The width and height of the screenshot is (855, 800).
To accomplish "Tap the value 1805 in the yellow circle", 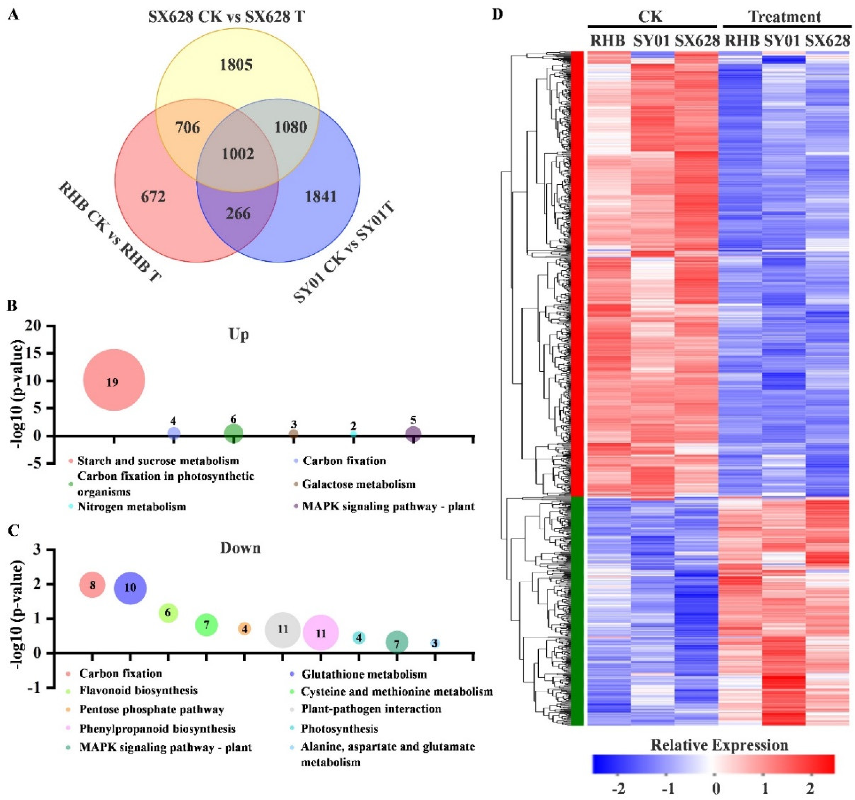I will tap(236, 65).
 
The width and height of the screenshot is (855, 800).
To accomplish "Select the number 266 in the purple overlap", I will tap(238, 213).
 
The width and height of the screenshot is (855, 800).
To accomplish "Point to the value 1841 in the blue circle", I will tap(320, 196).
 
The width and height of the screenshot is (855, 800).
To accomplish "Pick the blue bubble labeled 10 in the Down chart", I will tap(130, 587).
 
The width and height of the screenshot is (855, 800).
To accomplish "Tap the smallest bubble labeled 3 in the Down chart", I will tap(435, 643).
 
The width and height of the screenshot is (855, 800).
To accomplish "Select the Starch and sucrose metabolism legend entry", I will tap(158, 461).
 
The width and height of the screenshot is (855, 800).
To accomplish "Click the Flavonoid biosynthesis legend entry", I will tap(139, 690).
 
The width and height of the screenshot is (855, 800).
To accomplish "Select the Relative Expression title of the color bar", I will tap(719, 745).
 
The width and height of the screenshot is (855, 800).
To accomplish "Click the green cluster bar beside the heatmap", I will tap(578, 611).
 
